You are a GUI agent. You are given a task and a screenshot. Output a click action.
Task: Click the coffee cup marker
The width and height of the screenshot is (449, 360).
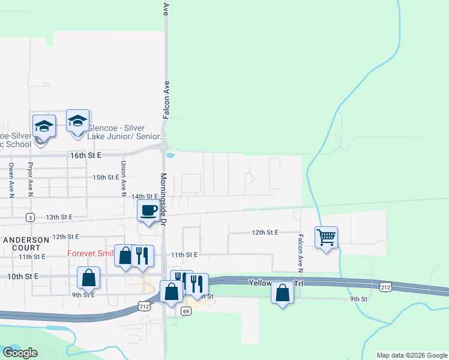tap(148, 211)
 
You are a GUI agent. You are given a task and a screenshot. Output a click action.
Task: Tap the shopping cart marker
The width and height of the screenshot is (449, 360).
tap(326, 237)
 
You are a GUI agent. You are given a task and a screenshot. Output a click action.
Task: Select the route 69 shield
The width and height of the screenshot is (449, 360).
tap(186, 311)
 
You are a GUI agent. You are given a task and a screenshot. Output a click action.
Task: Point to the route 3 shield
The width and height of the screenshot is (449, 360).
tap(30, 217)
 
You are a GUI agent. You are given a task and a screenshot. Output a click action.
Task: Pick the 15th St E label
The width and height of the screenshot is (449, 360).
tap(106, 177)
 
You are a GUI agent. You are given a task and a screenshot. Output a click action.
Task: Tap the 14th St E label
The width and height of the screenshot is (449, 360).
tap(144, 196)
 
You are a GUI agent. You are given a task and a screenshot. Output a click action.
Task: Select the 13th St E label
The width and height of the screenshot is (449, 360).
tap(59, 217)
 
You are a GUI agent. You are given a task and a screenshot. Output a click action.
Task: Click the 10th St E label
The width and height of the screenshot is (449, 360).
tap(23, 276)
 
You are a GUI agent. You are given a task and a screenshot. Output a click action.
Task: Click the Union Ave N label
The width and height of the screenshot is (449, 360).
tap(123, 179)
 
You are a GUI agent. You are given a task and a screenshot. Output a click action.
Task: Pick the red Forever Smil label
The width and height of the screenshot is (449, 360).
tap(90, 253)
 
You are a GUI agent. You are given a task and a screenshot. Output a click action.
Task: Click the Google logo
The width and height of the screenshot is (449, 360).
tap(20, 353)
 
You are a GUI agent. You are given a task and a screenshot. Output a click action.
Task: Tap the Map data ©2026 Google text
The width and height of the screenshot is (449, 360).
tap(411, 355)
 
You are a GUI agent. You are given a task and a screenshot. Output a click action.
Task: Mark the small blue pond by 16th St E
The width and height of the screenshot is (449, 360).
tap(170, 155)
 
